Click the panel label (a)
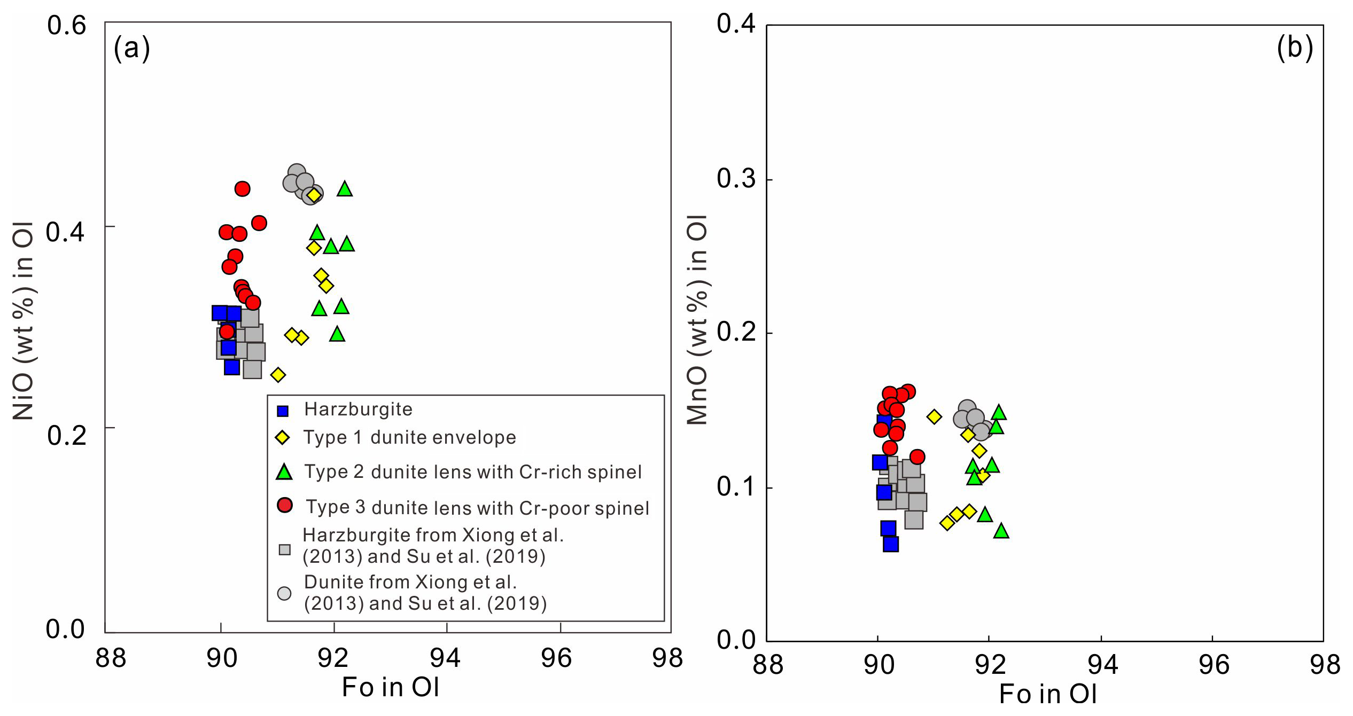point(131,49)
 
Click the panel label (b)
point(1294,48)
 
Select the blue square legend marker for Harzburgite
point(283,411)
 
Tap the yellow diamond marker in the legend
point(282,438)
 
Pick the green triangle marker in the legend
point(284,472)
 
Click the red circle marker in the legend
point(285,505)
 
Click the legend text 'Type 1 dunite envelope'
point(409,438)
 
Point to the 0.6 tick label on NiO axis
point(66,25)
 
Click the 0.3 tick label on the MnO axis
point(736,178)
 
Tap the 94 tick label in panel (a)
point(445,658)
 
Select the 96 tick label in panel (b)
point(1214,665)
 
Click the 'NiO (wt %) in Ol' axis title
point(24,321)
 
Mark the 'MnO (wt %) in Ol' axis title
point(697,320)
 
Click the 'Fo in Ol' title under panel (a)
point(390,687)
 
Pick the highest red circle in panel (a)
point(242,188)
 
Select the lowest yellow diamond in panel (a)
point(278,375)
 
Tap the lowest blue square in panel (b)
point(891,544)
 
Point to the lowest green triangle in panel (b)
point(1001,531)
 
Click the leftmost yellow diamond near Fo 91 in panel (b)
point(934,416)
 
